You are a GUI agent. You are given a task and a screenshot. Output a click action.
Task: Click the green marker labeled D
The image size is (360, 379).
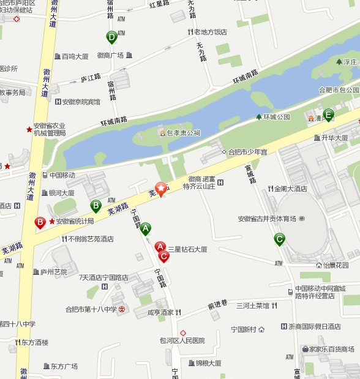click(111, 38)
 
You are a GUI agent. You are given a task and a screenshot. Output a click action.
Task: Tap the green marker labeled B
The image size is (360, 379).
click(96, 206)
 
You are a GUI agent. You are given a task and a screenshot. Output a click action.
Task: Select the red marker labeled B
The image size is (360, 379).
click(40, 222)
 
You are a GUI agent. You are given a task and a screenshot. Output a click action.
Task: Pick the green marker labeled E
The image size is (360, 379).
click(329, 114)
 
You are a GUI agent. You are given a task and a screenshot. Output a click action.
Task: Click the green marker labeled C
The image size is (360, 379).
click(279, 239)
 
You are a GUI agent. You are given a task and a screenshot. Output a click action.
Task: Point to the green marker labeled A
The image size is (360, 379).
click(145, 229)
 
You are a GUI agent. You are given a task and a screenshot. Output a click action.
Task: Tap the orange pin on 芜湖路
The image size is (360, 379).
click(161, 189)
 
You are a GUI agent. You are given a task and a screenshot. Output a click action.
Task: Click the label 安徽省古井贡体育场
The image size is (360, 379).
click(267, 219)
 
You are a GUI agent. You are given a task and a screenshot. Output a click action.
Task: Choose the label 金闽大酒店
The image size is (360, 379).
click(290, 189)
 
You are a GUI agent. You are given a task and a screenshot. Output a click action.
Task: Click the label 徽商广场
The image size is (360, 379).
click(110, 55)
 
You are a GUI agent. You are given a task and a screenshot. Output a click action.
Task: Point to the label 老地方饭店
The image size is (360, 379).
click(211, 32)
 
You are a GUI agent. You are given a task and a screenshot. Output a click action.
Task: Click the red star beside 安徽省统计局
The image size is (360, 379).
click(52, 221)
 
